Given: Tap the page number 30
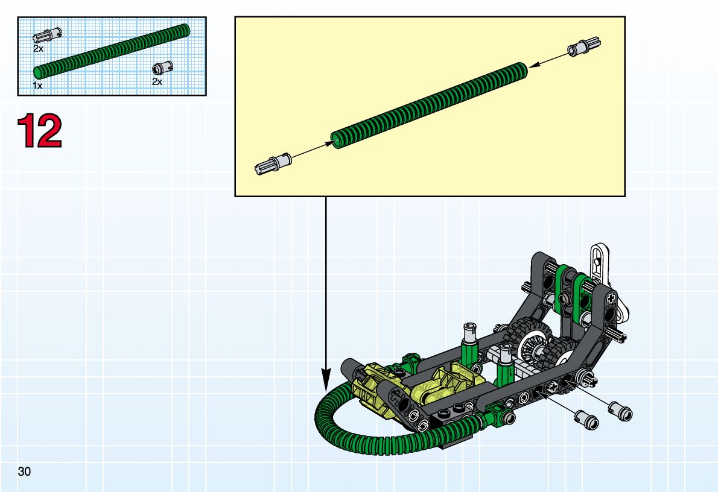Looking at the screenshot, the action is tap(24, 471).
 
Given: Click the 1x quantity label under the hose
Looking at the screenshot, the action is tap(37, 86).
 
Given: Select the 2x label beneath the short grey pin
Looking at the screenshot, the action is tap(157, 81).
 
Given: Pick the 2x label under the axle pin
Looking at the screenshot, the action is tap(38, 48).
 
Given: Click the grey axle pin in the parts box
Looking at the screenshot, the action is tap(47, 34).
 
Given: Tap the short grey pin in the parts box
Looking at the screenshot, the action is tap(162, 68).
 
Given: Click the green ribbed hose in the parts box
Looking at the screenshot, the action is tap(112, 51).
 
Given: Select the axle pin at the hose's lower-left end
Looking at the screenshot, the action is tap(273, 164).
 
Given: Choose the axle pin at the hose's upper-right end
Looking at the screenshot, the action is tap(584, 46).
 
